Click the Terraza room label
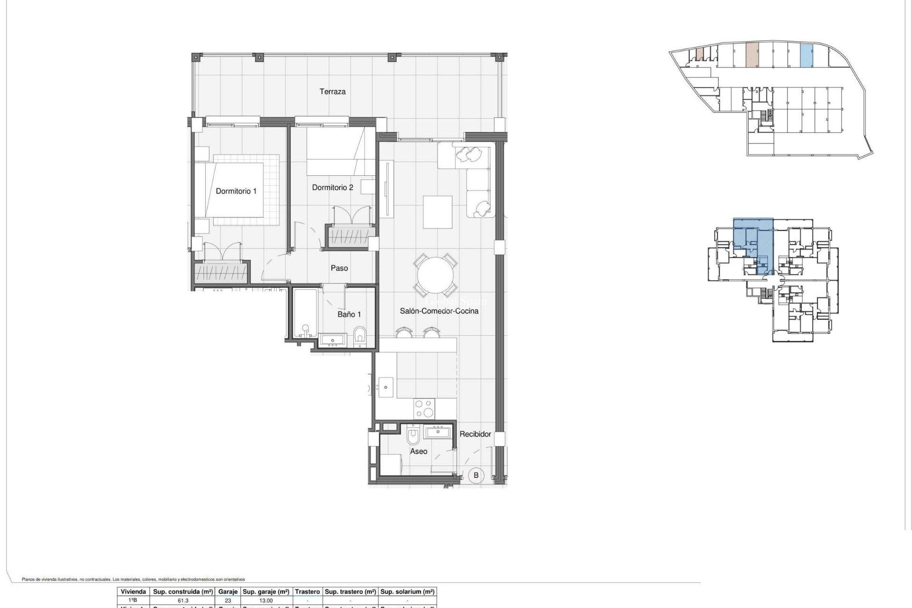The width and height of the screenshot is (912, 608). (332, 92)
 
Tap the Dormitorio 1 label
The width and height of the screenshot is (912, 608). (236, 191)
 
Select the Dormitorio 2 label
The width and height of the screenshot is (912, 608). (332, 188)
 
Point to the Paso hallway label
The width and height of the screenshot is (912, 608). (339, 268)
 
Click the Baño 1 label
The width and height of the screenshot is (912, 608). (349, 314)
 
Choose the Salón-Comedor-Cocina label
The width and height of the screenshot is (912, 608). (439, 311)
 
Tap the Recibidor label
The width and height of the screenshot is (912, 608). (475, 434)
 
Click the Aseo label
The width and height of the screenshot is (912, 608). (418, 451)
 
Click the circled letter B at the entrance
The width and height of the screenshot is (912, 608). (476, 475)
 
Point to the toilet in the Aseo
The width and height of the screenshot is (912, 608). (413, 434)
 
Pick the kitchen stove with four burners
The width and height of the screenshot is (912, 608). (424, 408)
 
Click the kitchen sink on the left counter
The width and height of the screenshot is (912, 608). (385, 387)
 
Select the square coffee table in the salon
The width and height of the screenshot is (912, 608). (437, 212)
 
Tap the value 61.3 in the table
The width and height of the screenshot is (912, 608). (182, 600)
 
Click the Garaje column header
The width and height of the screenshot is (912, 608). (228, 592)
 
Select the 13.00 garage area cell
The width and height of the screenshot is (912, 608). (266, 600)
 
